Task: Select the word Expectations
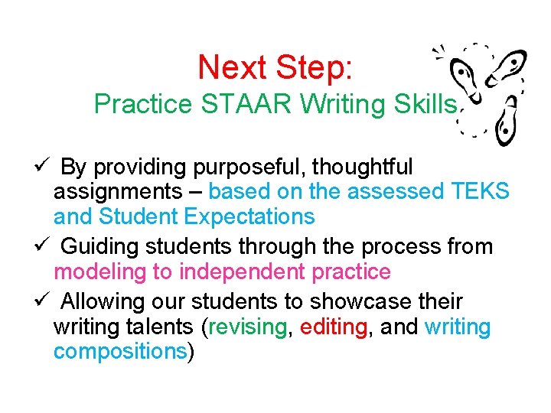click(x=249, y=217)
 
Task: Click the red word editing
click(x=334, y=327)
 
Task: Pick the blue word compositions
click(x=119, y=352)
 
